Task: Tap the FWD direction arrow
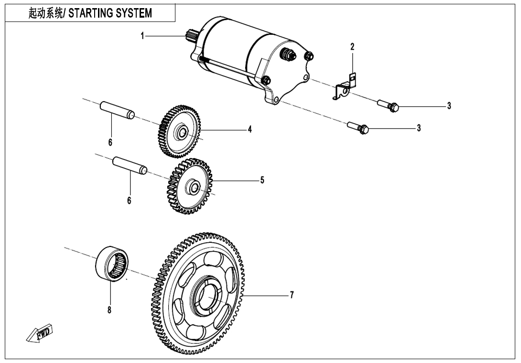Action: point(40,333)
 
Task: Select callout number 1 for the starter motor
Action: point(142,36)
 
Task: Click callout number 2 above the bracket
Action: point(352,47)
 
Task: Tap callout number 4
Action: point(250,129)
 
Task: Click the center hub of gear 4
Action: point(182,132)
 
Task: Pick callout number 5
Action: point(262,181)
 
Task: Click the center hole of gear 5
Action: point(194,186)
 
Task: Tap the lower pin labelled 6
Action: point(130,165)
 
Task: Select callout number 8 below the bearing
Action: point(109,310)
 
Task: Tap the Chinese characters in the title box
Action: point(45,13)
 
